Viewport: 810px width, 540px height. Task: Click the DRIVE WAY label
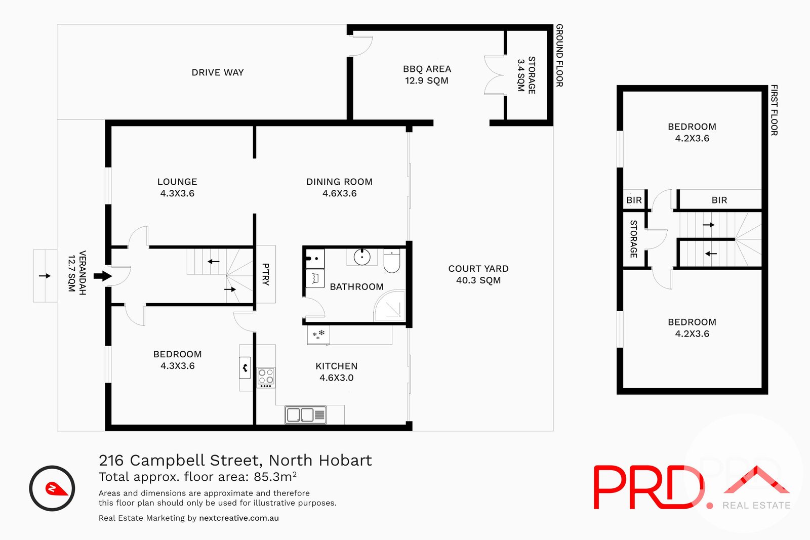(x=218, y=72)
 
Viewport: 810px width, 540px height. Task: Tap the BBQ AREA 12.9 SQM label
(x=427, y=74)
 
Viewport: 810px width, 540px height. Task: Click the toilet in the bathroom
(x=392, y=261)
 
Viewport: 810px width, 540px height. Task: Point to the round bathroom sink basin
(x=362, y=257)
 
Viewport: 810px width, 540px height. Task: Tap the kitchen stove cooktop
(x=266, y=377)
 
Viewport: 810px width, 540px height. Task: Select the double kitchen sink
(x=305, y=415)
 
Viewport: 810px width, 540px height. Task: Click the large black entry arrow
(x=103, y=276)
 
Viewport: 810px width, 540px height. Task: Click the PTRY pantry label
(x=266, y=274)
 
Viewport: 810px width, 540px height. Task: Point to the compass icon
(x=52, y=488)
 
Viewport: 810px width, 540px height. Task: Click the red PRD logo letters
(x=648, y=487)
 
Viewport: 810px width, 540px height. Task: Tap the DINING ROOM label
(x=339, y=182)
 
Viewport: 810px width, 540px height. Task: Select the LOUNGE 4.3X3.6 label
(x=177, y=187)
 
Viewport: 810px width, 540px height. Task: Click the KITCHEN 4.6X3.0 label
(x=336, y=371)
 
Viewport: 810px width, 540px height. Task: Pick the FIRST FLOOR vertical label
(x=774, y=110)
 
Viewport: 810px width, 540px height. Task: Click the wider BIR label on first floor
(x=719, y=200)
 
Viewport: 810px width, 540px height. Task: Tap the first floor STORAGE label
(x=633, y=239)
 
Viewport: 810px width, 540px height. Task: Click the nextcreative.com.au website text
(x=239, y=518)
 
